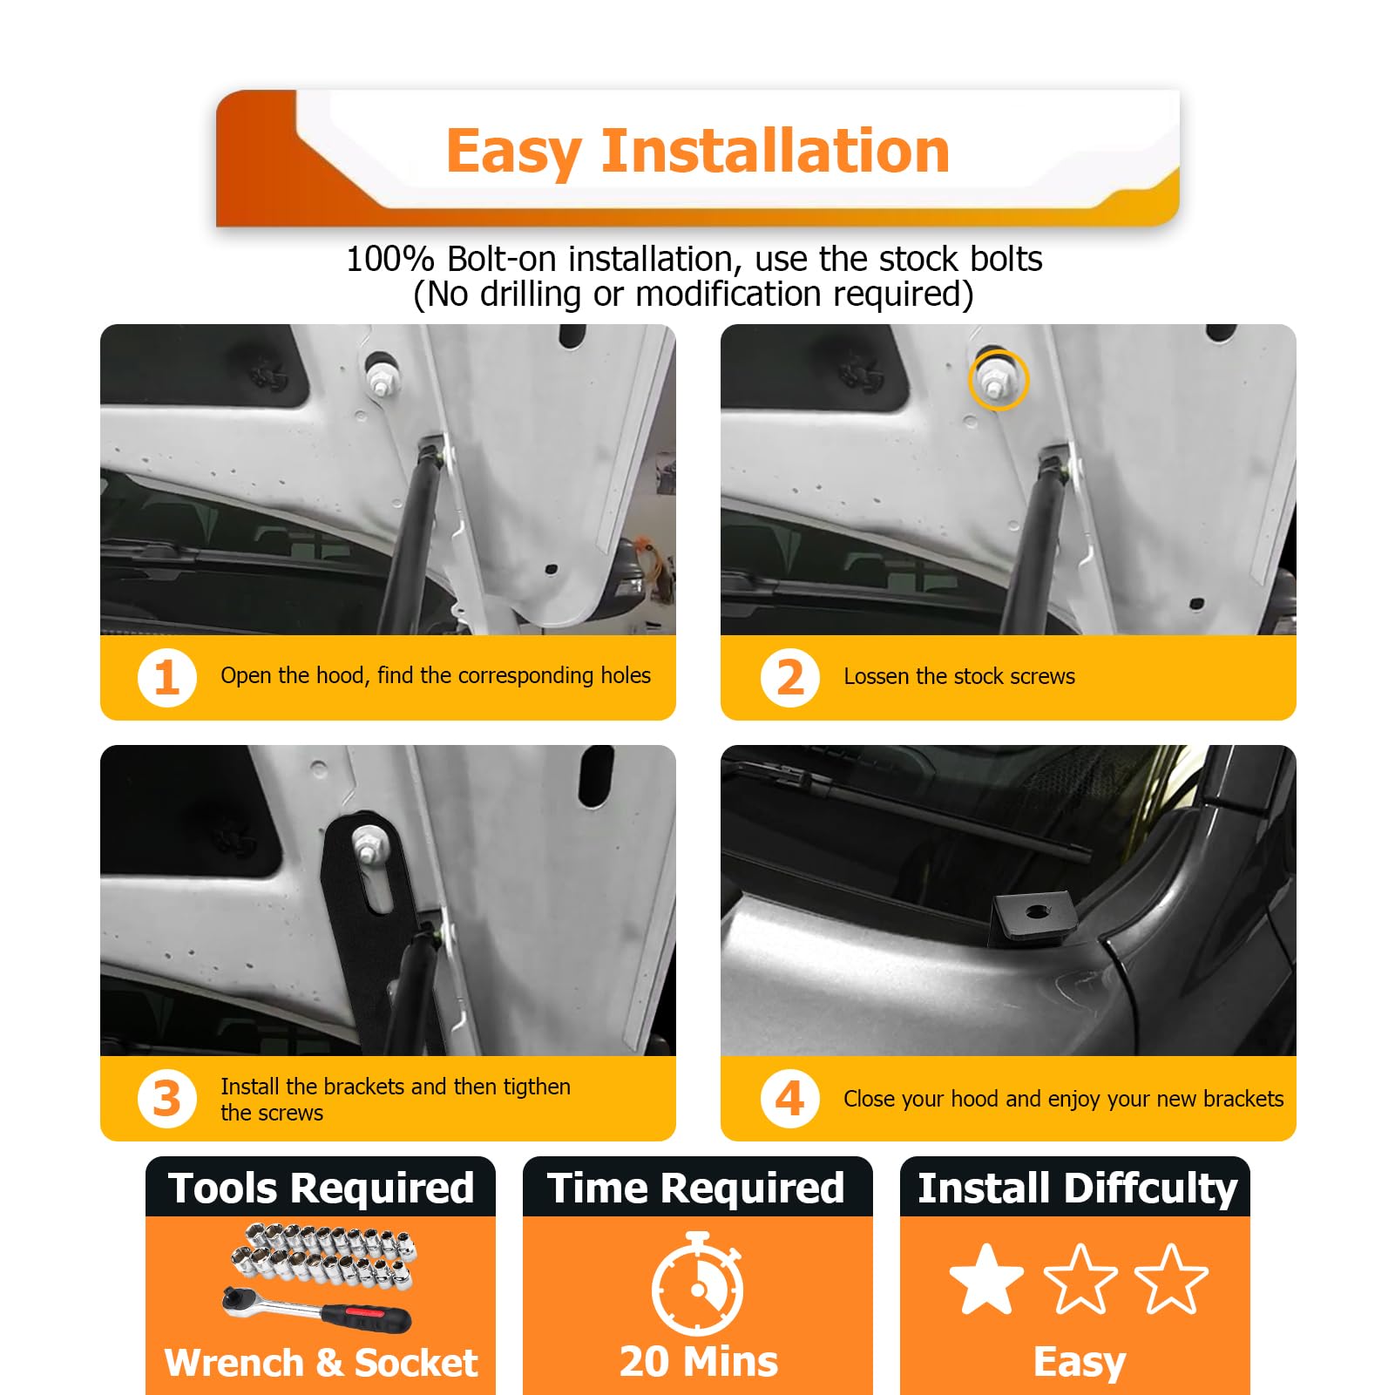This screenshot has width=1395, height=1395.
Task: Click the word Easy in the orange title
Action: pyautogui.click(x=513, y=152)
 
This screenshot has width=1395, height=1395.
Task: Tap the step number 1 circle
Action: pyautogui.click(x=166, y=677)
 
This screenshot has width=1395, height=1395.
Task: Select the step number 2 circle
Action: pyautogui.click(x=789, y=677)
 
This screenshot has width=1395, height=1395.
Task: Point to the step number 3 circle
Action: pyautogui.click(x=166, y=1099)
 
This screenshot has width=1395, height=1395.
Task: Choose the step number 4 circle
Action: pyautogui.click(x=789, y=1099)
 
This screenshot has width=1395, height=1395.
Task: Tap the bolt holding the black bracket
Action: pyautogui.click(x=366, y=843)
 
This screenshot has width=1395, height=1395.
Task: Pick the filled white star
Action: pyautogui.click(x=986, y=1279)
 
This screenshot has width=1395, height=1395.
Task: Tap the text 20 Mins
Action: pyautogui.click(x=698, y=1361)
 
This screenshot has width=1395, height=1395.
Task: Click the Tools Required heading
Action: pyautogui.click(x=321, y=1188)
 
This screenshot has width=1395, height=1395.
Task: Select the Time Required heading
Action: pyautogui.click(x=696, y=1188)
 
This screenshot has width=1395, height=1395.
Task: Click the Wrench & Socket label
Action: pyautogui.click(x=321, y=1363)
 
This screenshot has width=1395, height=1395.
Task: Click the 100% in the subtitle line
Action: pyautogui.click(x=390, y=260)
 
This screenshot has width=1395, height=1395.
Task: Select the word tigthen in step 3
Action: pyautogui.click(x=537, y=1087)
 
